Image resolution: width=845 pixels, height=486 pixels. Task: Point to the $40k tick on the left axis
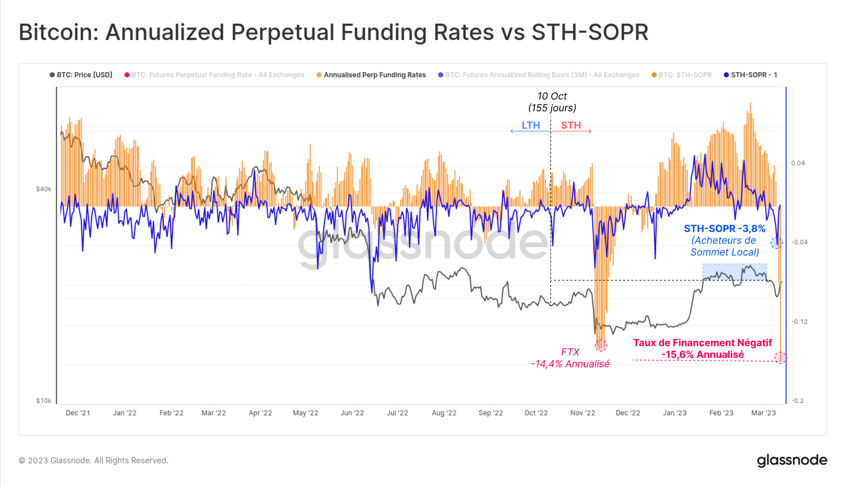44,189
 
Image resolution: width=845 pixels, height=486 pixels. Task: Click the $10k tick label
44,401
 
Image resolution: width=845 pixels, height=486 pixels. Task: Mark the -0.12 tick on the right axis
799,321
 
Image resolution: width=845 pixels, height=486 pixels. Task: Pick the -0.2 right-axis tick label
797,401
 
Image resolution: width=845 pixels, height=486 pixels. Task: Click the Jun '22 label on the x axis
352,413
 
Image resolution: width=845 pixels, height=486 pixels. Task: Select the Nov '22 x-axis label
582,413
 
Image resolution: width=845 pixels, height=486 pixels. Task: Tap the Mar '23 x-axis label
763,413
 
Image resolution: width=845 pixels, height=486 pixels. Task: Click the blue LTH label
531,125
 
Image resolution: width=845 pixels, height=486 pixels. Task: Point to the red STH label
571,125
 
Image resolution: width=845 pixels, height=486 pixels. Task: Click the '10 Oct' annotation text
552,96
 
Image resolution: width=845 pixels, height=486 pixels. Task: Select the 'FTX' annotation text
570,352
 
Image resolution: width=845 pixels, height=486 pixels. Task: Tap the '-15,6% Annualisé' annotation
702,354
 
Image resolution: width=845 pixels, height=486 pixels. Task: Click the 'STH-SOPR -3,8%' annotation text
724,229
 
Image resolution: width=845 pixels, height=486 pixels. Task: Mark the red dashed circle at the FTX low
600,346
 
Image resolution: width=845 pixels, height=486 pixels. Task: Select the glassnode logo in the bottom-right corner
792,460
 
